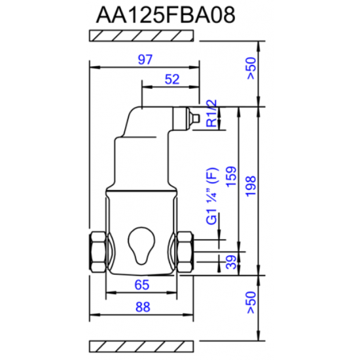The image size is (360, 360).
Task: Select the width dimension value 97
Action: tap(145, 60)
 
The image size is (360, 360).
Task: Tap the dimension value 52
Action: tap(171, 79)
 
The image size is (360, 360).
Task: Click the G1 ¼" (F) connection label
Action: tap(211, 197)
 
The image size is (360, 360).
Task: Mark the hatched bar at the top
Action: tap(143, 37)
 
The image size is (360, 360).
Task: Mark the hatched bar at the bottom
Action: tap(143, 343)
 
